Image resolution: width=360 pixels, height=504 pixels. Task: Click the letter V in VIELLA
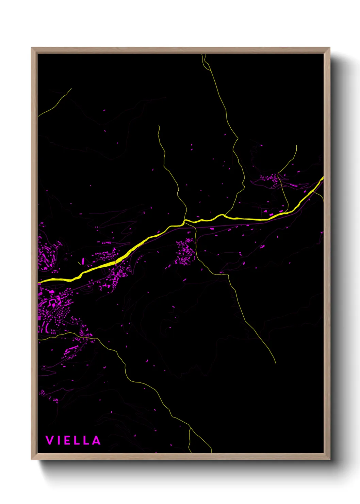pos(49,440)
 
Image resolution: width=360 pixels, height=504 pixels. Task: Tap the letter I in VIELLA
pos(58,440)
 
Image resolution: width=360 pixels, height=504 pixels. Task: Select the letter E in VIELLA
pos(66,440)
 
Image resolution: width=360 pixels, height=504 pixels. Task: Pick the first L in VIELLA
pos(76,440)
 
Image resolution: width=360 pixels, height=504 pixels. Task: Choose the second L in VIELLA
pos(86,440)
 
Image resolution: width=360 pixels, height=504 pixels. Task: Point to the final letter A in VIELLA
pos(96,440)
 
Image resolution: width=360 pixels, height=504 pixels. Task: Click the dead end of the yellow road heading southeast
pos(276,363)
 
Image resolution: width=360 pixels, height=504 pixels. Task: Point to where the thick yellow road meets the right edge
pos(323,178)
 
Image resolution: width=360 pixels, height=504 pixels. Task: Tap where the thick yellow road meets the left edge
pos(39,282)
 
